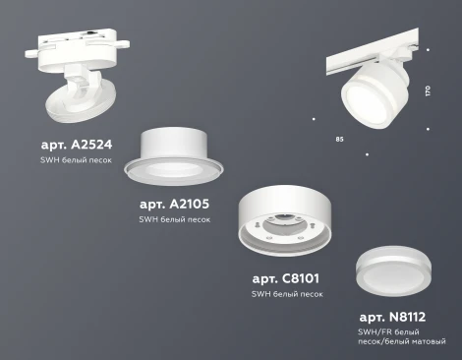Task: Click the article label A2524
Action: point(78,144)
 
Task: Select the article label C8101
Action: point(287,277)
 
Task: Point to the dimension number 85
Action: point(339,139)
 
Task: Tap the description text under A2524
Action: point(77,160)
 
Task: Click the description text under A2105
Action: point(174,219)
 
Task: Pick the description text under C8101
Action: point(286,294)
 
